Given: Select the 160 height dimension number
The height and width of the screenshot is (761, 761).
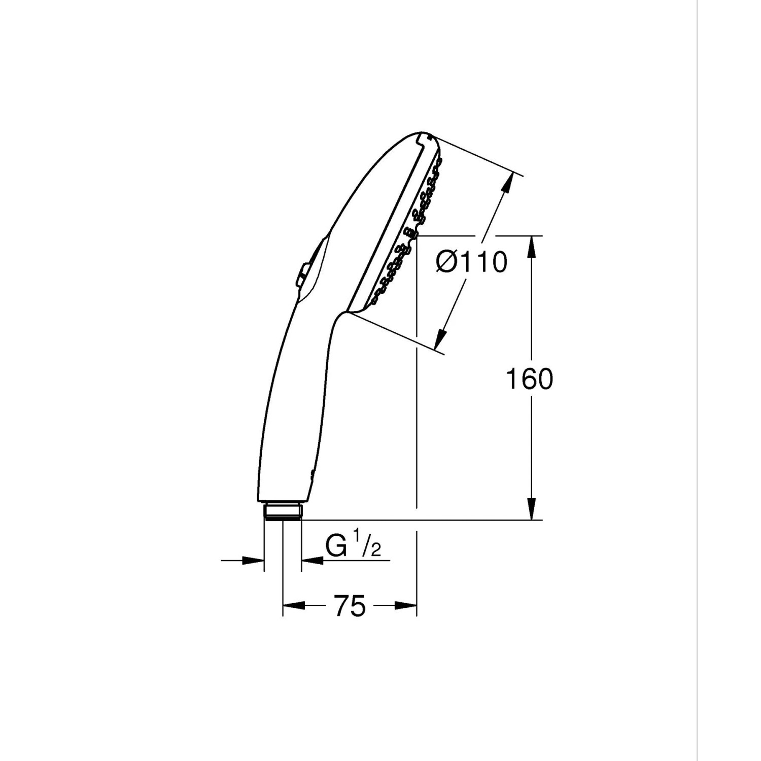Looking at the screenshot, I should click(x=530, y=379).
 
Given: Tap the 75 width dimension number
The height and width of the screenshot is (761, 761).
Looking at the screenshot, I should click(x=350, y=606).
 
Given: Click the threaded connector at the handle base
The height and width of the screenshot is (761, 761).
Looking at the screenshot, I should click(x=283, y=511).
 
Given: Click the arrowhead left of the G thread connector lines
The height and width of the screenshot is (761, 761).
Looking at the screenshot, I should click(x=253, y=561).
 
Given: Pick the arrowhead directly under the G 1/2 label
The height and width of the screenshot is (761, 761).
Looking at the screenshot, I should click(x=313, y=561).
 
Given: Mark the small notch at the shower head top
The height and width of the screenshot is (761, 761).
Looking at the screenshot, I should click(x=428, y=136).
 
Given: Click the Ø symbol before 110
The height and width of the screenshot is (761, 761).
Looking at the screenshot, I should click(x=447, y=262).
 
